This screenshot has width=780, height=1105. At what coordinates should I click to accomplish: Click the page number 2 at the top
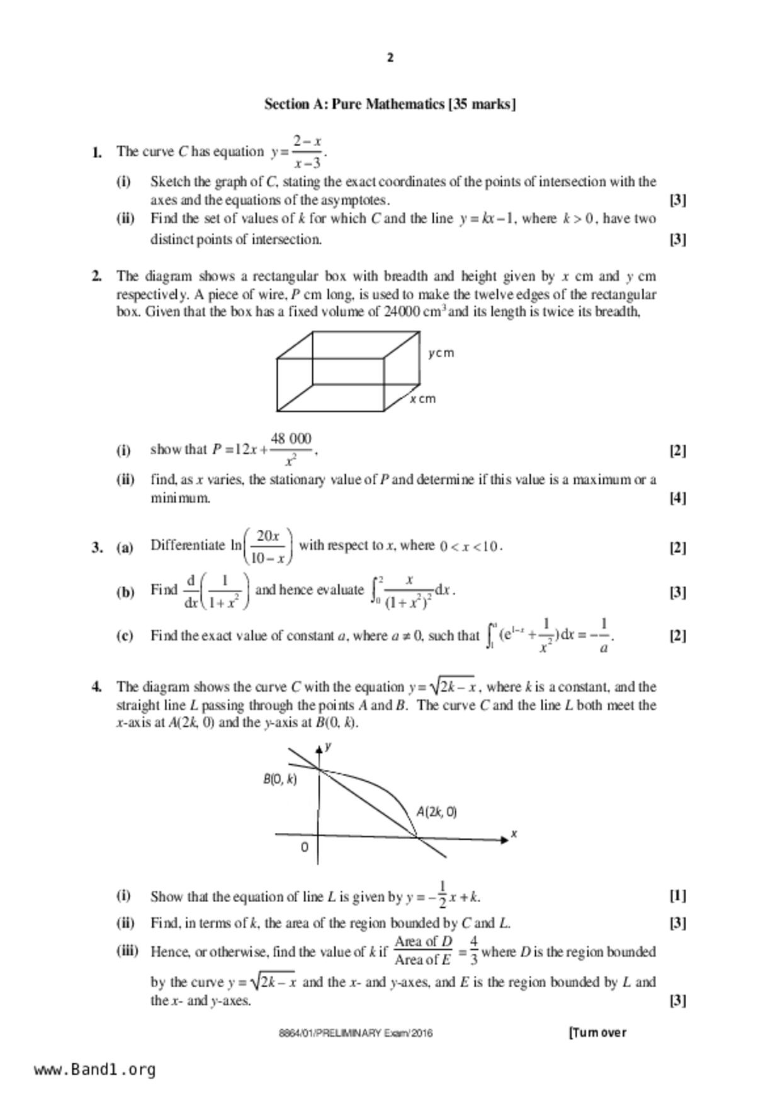390,58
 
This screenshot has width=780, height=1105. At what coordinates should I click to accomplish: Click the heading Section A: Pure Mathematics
390,104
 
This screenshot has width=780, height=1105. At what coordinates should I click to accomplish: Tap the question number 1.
96,152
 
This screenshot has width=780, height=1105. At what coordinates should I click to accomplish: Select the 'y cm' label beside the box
441,353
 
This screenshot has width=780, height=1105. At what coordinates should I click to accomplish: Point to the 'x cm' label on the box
422,399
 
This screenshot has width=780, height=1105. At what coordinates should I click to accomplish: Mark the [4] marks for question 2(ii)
677,498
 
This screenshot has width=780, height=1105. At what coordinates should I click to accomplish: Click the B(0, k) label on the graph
280,779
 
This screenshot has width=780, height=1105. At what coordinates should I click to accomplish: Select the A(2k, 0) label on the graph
436,812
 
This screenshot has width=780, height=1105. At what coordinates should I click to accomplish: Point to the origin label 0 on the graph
305,847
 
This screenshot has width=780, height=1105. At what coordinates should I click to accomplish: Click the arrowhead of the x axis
504,839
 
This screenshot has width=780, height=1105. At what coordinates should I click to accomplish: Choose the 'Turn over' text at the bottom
597,1033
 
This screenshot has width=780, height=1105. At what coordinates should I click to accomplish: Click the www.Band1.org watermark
95,1069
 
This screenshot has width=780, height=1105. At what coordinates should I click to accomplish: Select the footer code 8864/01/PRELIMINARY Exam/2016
356,1033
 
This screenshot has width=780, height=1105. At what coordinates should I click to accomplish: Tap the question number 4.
96,687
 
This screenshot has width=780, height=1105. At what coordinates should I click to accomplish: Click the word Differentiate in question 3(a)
188,546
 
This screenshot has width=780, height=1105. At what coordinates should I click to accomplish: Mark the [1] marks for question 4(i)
677,895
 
